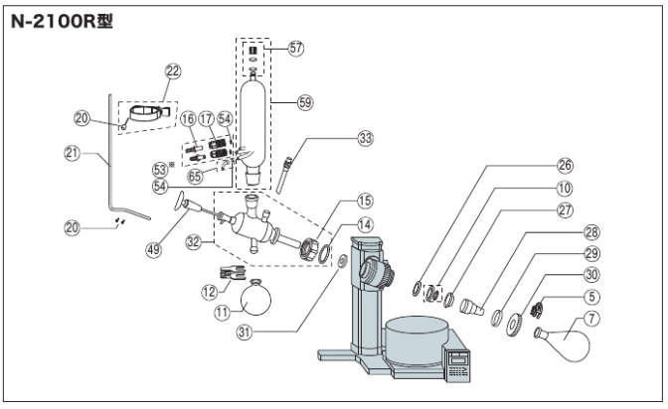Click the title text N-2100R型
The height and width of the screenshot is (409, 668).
62,21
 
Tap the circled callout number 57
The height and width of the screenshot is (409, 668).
295,48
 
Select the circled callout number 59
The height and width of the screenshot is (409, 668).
305,102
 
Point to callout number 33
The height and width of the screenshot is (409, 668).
365,138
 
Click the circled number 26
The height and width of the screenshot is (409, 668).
565,165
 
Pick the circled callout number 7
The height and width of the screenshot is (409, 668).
591,319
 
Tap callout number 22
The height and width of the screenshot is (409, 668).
173,71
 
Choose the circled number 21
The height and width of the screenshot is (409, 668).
72,153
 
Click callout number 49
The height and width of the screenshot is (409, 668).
154,249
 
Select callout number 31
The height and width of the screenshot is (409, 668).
245,332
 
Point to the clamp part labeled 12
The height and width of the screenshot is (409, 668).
233,272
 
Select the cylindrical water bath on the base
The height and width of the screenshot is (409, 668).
417,341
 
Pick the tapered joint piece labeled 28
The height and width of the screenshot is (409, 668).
472,307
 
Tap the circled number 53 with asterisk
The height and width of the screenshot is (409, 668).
162,170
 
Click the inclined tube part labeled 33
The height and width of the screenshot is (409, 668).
284,175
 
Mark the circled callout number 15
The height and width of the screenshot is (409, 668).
364,202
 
